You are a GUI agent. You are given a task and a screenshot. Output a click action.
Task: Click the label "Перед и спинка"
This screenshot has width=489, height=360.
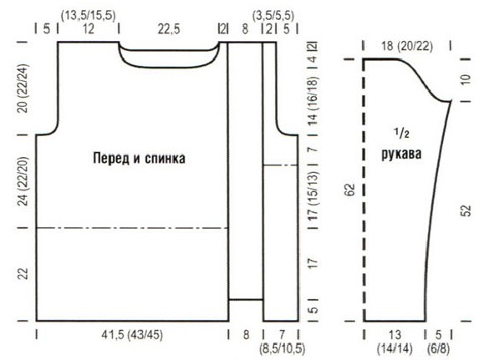pyautogui.click(x=139, y=159)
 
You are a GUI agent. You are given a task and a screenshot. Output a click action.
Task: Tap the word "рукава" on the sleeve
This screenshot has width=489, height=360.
pyautogui.click(x=401, y=154)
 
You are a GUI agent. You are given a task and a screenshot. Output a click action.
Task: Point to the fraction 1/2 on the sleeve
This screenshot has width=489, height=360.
pyautogui.click(x=401, y=133)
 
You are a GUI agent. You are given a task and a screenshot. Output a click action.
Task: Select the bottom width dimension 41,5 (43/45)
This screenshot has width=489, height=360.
pyautogui.click(x=132, y=335)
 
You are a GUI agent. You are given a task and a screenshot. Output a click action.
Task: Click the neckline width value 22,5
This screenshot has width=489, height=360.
pyautogui.click(x=169, y=29)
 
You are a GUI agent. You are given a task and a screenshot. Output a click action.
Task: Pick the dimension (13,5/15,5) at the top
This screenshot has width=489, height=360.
pyautogui.click(x=89, y=15)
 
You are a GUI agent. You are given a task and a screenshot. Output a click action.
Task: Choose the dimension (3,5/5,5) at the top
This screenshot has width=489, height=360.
pyautogui.click(x=273, y=15)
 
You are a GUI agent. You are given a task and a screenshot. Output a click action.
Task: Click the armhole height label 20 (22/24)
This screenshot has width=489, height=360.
pyautogui.click(x=23, y=89)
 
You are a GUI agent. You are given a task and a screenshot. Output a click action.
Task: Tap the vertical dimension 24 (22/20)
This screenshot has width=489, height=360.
pyautogui.click(x=23, y=180)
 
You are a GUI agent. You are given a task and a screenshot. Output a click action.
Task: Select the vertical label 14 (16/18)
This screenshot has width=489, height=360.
pyautogui.click(x=313, y=100)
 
